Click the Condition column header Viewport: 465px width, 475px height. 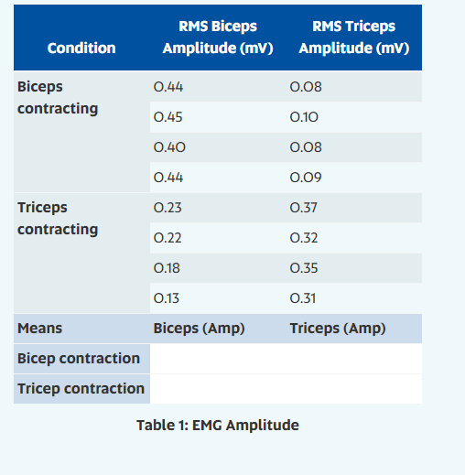click(x=81, y=48)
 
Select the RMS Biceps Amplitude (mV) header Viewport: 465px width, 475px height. click(x=218, y=38)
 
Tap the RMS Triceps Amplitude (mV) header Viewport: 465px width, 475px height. click(x=353, y=38)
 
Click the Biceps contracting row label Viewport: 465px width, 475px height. click(x=58, y=98)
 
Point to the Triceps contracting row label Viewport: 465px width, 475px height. click(x=58, y=218)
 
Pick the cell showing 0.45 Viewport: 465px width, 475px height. click(x=168, y=117)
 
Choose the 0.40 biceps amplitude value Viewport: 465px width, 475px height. click(x=168, y=147)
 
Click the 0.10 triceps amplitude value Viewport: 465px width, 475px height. click(x=304, y=117)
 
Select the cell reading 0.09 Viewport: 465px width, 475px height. click(x=304, y=178)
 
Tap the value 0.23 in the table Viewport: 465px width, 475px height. click(x=168, y=208)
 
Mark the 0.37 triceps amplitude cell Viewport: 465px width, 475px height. click(x=304, y=208)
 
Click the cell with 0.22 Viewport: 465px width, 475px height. click(x=168, y=238)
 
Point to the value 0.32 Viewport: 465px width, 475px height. click(x=304, y=238)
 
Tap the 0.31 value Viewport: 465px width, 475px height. click(x=303, y=298)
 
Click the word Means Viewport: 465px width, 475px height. click(x=40, y=329)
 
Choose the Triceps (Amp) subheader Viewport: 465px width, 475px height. click(x=338, y=329)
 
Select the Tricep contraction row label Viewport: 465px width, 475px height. click(x=81, y=388)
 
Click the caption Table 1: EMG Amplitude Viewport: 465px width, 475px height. click(x=218, y=425)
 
